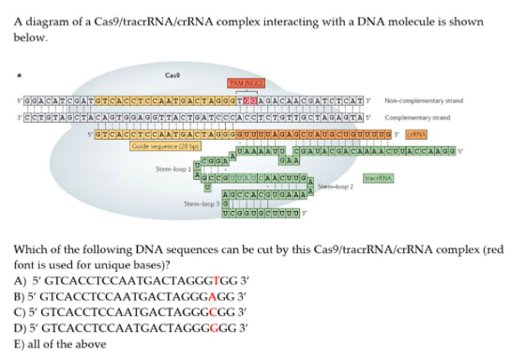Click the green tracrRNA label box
point(379,177)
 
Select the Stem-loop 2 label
point(335,187)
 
